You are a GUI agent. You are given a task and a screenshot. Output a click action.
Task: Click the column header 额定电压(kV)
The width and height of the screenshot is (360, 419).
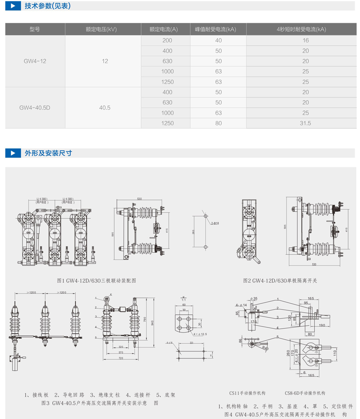pyautogui.click(x=101, y=29)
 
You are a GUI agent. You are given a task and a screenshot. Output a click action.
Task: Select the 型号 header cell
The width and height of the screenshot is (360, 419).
pyautogui.click(x=35, y=29)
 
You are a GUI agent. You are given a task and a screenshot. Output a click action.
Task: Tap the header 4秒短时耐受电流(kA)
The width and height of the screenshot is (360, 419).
pyautogui.click(x=301, y=29)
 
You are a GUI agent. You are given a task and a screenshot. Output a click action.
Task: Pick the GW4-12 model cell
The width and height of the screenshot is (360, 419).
pyautogui.click(x=35, y=61)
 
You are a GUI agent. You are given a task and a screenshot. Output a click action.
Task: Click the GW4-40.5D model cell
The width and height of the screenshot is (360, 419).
pyautogui.click(x=35, y=108)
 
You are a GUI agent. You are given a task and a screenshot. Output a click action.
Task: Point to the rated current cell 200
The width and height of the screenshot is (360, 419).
pyautogui.click(x=167, y=40)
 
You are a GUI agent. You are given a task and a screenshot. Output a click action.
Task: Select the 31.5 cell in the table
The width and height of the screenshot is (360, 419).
pyautogui.click(x=305, y=123)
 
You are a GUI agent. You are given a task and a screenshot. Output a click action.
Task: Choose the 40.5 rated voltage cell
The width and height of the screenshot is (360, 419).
pyautogui.click(x=105, y=108)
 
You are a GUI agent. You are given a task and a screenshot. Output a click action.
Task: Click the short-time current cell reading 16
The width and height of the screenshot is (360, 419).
pyautogui.click(x=306, y=40)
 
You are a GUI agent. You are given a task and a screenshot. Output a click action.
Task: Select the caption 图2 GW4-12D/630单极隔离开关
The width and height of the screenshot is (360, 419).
pyautogui.click(x=280, y=281)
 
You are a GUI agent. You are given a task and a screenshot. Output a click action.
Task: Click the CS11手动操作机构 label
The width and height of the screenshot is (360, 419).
pyautogui.click(x=247, y=393)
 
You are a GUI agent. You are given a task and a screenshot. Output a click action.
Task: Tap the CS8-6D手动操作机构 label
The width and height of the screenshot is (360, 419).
pyautogui.click(x=305, y=393)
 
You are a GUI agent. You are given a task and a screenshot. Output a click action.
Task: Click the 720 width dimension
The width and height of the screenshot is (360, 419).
pyautogui.click(x=120, y=358)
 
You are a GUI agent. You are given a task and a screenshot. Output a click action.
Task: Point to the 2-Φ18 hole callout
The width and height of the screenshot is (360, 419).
pyautogui.click(x=215, y=223)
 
